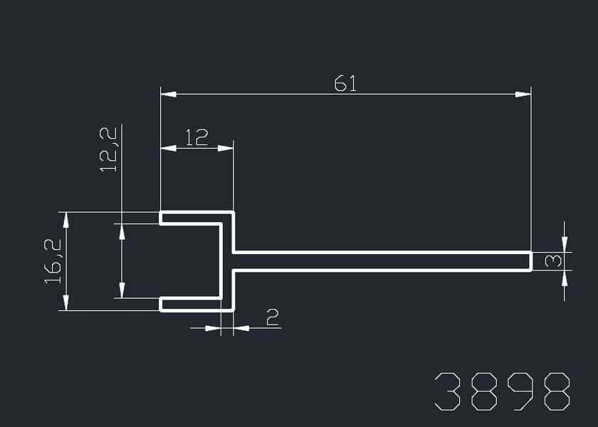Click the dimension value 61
(345, 83)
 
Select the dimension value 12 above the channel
(196, 137)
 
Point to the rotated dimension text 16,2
(54, 261)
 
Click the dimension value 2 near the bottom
(272, 317)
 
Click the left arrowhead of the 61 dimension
(168, 93)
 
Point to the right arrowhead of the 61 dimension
(524, 93)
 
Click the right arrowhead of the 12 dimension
(226, 148)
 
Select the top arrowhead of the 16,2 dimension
(66, 219)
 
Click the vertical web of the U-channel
(228, 261)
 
